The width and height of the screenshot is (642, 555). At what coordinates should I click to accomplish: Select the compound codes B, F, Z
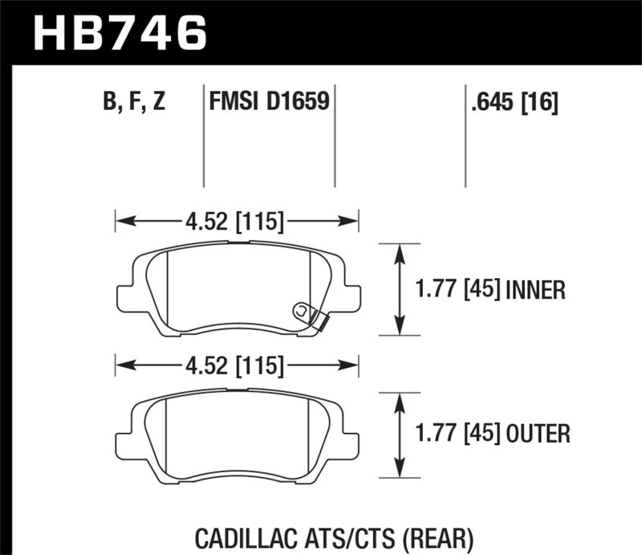pyautogui.click(x=134, y=103)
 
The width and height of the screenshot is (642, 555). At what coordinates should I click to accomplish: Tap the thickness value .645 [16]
pyautogui.click(x=511, y=103)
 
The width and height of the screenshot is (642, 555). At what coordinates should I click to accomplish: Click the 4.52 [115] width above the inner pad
pyautogui.click(x=237, y=219)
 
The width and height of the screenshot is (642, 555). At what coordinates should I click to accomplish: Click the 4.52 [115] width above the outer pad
pyautogui.click(x=237, y=367)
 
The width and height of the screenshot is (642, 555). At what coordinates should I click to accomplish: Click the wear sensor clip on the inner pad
pyautogui.click(x=309, y=316)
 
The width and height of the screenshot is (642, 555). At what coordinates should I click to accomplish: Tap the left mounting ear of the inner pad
pyautogui.click(x=126, y=297)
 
